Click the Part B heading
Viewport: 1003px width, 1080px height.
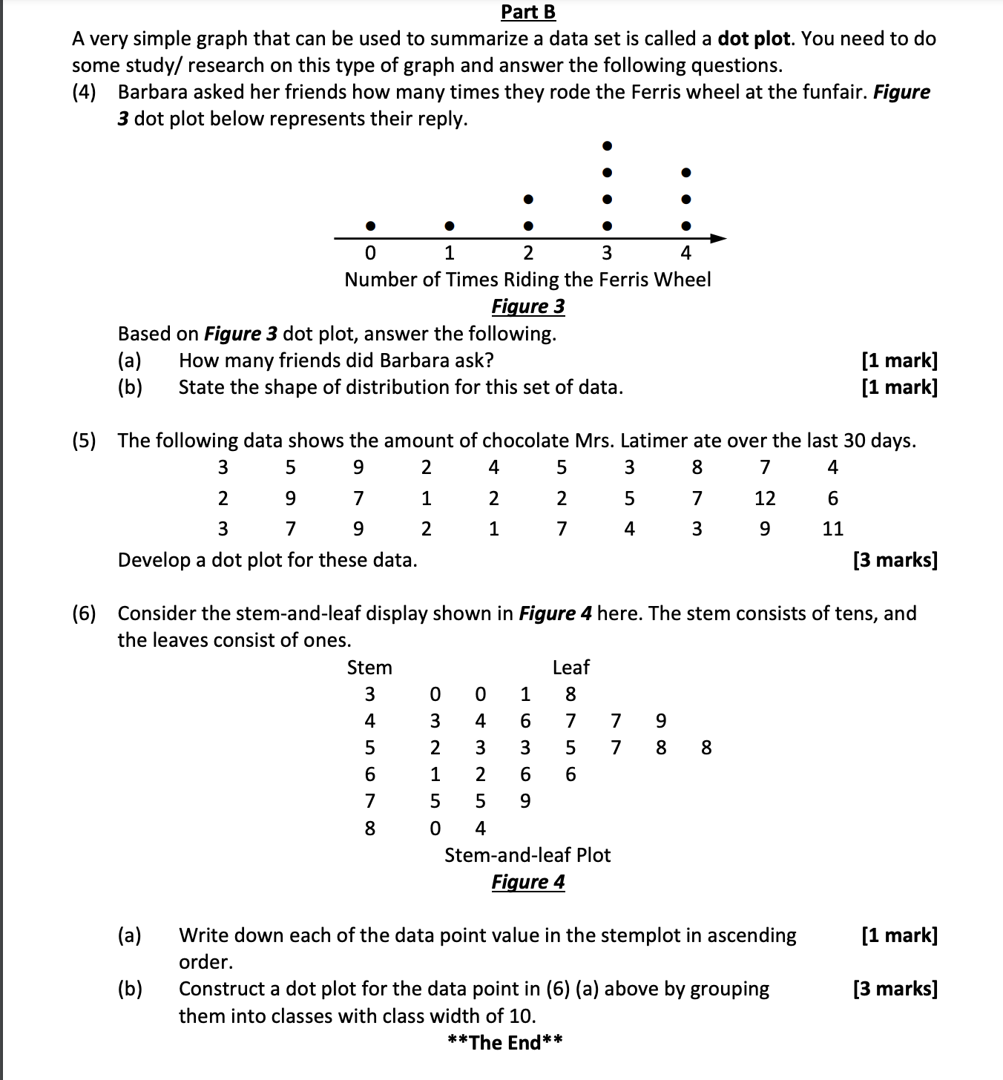point(527,12)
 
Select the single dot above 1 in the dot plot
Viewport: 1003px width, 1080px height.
point(449,225)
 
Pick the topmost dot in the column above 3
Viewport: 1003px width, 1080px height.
point(607,145)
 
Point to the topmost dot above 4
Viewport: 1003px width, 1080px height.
point(686,172)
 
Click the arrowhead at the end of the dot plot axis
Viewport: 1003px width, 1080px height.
point(717,238)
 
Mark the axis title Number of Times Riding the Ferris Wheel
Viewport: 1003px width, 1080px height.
point(527,280)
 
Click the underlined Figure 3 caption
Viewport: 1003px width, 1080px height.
point(527,306)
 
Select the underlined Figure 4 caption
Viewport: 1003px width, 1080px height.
point(527,882)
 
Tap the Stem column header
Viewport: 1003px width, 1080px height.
point(369,668)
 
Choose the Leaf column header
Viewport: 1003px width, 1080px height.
point(570,668)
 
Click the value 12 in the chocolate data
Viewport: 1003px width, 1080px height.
point(765,498)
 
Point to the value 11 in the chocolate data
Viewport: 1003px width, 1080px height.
point(833,529)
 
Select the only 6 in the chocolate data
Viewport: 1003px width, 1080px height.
point(833,498)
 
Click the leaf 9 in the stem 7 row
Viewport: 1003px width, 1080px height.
point(525,801)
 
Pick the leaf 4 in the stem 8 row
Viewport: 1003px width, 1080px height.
point(480,828)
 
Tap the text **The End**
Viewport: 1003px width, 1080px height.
point(505,1043)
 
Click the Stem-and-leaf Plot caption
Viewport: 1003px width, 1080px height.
point(527,855)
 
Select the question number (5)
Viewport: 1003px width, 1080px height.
point(84,441)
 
